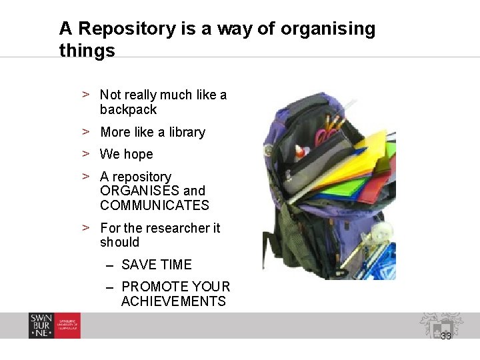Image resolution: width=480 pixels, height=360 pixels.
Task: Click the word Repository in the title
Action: coord(137,29)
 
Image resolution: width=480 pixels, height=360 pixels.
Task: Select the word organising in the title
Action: coord(328,29)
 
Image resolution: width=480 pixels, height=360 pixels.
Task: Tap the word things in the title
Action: coord(87,51)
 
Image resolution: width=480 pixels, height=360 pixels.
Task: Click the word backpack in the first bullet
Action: coord(128,110)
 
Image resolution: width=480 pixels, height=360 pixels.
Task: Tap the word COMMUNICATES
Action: coord(154,206)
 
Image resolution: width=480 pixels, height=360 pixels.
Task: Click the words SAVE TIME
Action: coord(156,265)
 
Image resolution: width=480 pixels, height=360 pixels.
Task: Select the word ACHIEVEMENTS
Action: coord(173,301)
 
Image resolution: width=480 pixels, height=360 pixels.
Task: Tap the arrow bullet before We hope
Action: coord(86,154)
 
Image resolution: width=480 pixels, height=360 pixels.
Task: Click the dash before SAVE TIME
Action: coord(110,265)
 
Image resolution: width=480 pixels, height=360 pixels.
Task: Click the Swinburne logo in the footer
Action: coord(54,325)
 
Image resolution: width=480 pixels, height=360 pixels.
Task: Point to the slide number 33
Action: coord(446,336)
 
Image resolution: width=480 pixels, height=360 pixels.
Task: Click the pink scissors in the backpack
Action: coord(324,137)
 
